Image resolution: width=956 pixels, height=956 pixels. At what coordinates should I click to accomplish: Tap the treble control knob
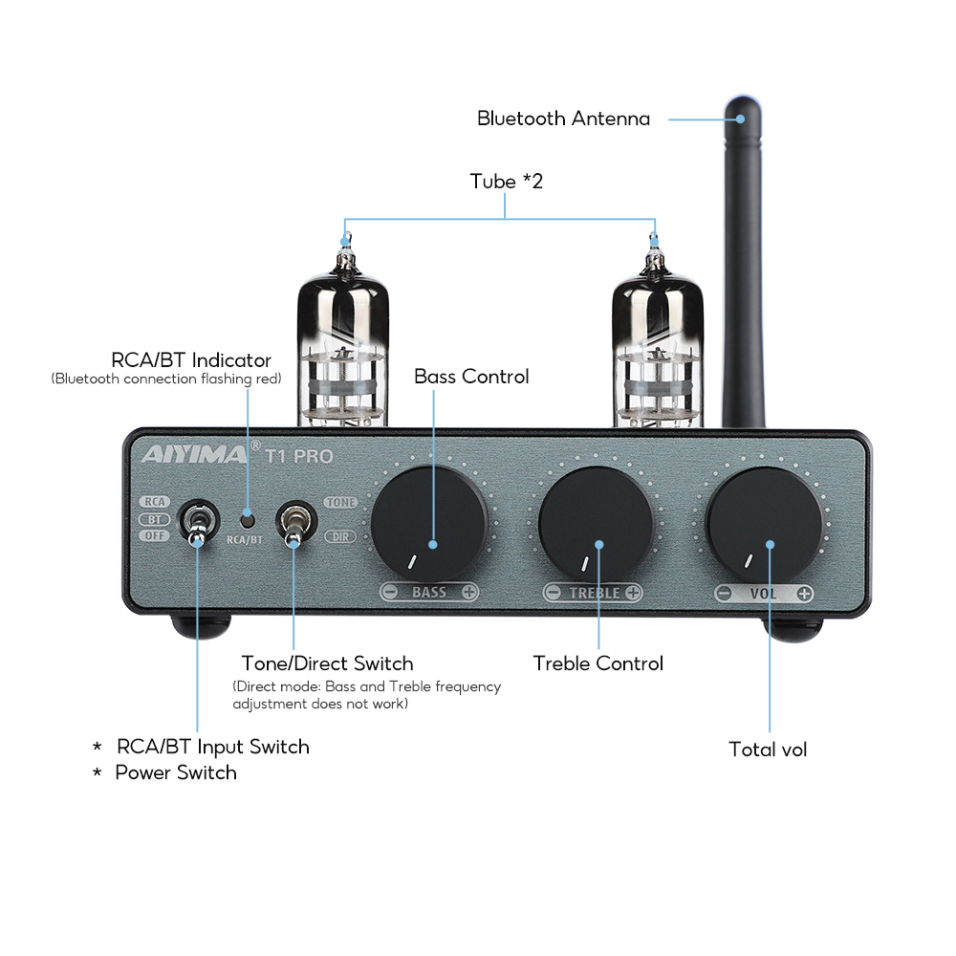coord(597,523)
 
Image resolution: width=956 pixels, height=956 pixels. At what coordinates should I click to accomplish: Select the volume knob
coord(765,524)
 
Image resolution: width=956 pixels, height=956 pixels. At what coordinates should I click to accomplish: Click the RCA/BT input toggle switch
coord(197,523)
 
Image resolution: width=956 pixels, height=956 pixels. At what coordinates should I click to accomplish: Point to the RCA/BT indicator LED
coord(248,519)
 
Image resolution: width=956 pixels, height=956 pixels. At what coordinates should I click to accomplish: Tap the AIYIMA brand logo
coord(194,455)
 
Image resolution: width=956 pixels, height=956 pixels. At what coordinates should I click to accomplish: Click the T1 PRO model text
coord(299,456)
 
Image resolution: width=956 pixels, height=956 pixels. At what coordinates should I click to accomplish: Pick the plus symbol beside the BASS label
coord(468,593)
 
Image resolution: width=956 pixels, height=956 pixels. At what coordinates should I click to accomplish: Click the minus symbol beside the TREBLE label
coord(553,593)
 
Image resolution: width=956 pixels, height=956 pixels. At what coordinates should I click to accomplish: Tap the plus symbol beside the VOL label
coord(804,594)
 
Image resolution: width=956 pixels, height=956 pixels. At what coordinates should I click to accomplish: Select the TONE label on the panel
coord(340,502)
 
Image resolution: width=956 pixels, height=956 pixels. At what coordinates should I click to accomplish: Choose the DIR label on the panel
coord(340,536)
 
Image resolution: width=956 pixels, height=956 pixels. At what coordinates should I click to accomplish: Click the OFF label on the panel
coord(153,535)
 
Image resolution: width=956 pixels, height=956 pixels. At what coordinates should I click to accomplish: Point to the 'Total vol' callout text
coord(768,750)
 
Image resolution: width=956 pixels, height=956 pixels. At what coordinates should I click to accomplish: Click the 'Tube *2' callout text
coord(506,181)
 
